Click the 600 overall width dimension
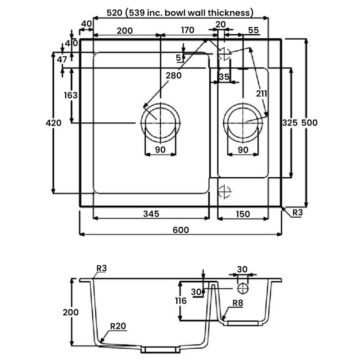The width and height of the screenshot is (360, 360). click(180, 229)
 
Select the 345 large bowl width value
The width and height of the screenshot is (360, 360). click(152, 214)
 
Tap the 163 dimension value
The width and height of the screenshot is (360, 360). click(71, 95)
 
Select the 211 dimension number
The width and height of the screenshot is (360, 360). click(261, 94)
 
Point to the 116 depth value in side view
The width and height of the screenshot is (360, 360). click(180, 301)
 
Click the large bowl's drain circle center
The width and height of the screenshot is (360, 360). click(161, 121)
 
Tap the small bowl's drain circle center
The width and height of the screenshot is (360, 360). click(245, 121)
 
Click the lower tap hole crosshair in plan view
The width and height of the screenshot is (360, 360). click(224, 191)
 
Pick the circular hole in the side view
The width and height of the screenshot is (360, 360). click(243, 287)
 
